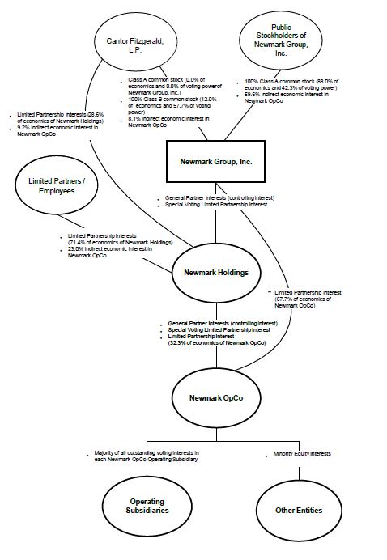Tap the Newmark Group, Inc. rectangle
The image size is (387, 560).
[216, 162]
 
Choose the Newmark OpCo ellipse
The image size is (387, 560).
[216, 398]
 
